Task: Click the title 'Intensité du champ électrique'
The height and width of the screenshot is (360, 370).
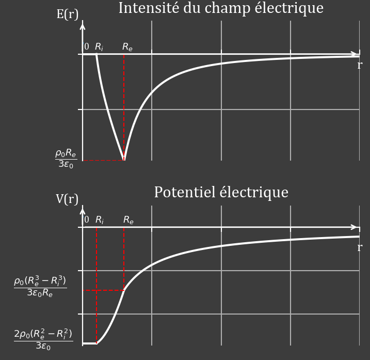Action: [220, 8]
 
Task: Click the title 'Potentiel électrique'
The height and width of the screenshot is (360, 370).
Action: [221, 192]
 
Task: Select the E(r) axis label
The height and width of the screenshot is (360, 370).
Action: [67, 14]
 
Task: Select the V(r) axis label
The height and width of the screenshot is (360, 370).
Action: [67, 199]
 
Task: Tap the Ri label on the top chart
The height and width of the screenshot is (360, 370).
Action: [99, 47]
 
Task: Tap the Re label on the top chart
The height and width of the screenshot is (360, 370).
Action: [127, 47]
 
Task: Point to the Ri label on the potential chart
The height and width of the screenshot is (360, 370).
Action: [100, 220]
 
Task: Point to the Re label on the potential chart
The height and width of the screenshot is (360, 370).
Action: [128, 220]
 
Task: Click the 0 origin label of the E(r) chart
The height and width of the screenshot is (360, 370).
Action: [87, 47]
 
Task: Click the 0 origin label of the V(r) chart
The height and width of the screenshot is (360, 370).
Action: [87, 220]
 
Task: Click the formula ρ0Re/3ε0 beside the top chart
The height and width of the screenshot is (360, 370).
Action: [66, 159]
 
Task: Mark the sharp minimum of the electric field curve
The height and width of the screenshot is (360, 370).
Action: [124, 160]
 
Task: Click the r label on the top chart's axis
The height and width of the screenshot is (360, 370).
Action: [359, 65]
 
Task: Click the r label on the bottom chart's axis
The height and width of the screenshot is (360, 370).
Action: [359, 247]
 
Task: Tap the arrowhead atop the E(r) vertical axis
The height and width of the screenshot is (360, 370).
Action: [83, 24]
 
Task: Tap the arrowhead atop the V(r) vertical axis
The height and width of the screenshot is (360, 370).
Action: [83, 209]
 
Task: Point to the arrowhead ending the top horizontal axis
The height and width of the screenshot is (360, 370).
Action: [355, 54]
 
